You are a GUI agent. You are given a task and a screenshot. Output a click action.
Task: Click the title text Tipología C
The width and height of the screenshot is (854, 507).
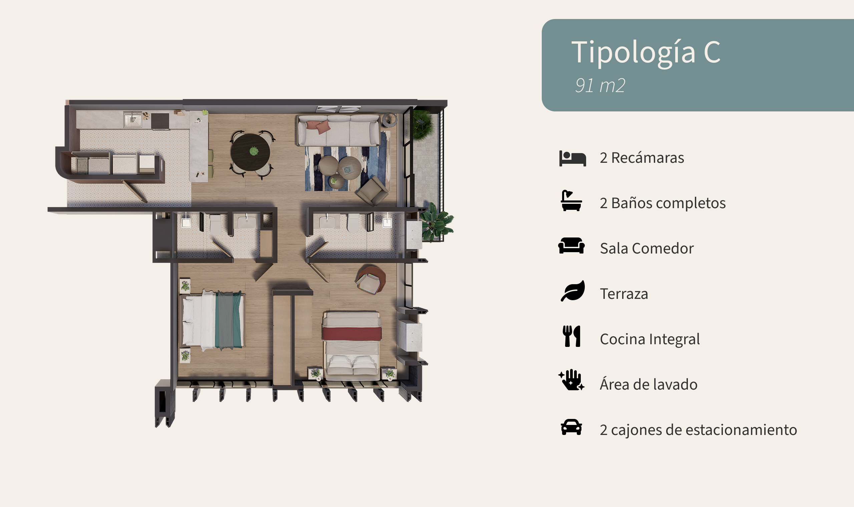(x=646, y=52)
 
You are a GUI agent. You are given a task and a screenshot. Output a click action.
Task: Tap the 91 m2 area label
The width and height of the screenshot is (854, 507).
(x=600, y=85)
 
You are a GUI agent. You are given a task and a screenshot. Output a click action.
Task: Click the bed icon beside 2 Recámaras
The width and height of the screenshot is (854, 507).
(x=572, y=158)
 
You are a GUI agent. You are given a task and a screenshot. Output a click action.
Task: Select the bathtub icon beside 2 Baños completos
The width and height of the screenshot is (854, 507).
(x=571, y=200)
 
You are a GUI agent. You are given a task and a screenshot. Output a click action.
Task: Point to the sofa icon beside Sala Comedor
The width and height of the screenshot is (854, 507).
(x=571, y=245)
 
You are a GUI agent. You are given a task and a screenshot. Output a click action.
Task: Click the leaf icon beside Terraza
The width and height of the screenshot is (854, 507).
(x=573, y=291)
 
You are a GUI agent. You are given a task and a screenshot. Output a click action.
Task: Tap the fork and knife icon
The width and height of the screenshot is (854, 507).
(x=571, y=336)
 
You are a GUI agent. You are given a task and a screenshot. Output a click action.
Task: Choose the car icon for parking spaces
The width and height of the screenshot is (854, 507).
(x=571, y=427)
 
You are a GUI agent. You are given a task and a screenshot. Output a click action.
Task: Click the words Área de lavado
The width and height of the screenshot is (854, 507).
(x=649, y=384)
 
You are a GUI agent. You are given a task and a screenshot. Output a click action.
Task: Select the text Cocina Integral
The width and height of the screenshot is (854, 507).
(x=650, y=339)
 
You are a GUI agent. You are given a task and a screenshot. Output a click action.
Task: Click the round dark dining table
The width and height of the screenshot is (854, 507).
(x=251, y=152)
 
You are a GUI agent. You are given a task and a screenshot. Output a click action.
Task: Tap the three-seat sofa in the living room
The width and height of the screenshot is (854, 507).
(x=339, y=131)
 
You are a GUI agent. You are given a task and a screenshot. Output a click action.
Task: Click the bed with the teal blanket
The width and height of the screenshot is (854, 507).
(x=212, y=320)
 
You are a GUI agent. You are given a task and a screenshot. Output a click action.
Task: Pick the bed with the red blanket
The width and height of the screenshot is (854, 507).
(x=352, y=345)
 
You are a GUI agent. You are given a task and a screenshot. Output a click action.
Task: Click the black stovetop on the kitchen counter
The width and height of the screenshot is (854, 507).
(x=160, y=121)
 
